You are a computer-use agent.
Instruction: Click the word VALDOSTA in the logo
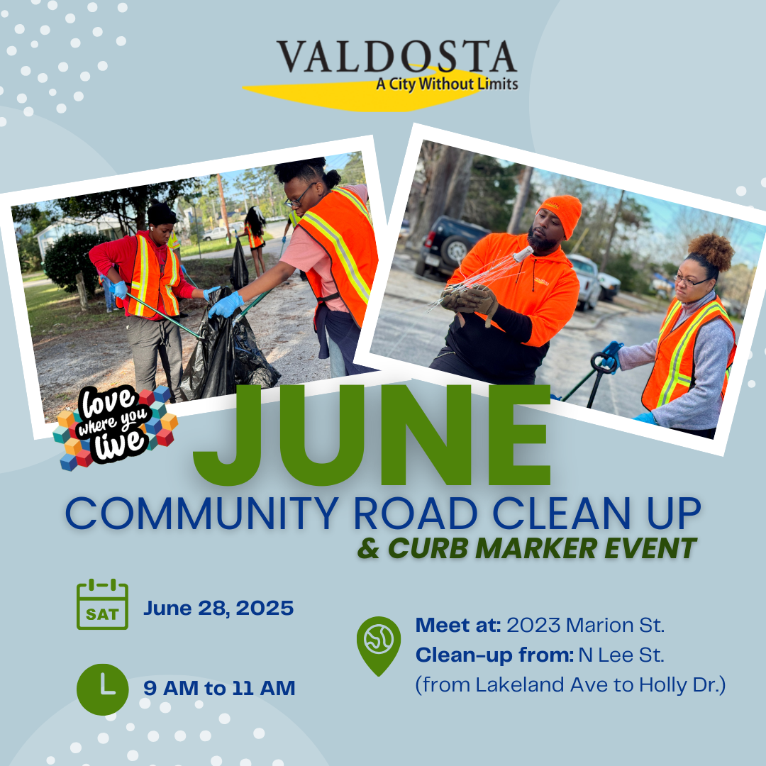pos(396,57)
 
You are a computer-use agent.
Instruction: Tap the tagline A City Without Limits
pos(447,84)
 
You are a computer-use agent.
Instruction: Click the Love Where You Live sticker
pos(115,428)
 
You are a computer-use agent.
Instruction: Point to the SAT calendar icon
pos(102,604)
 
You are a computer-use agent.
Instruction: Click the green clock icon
pos(103,689)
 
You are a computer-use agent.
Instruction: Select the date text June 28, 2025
pos(218,609)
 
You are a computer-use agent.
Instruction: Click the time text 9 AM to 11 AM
pos(219,688)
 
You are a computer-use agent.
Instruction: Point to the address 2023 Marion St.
pos(585,626)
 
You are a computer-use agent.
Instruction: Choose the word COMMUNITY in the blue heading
pos(202,514)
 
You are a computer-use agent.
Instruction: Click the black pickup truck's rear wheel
pos(455,252)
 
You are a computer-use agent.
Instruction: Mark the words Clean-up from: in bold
pos(494,655)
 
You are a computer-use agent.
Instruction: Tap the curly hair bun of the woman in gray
pos(714,250)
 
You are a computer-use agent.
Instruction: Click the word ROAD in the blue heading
pos(415,514)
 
